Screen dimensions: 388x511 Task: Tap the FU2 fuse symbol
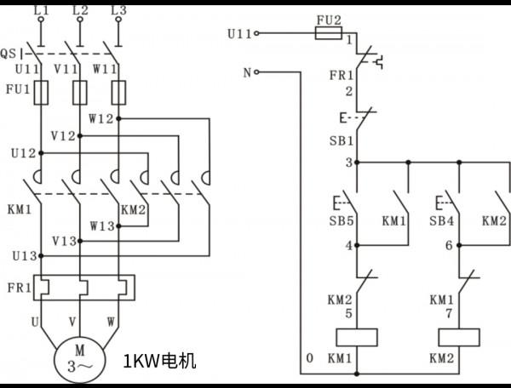328,34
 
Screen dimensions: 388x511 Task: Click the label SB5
341,221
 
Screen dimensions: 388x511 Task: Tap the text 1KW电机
160,361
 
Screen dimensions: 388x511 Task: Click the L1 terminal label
40,10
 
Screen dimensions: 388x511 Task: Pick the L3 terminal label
119,10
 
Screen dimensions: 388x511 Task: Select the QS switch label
9,52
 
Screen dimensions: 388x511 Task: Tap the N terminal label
247,72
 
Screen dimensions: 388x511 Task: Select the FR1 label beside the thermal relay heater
17,288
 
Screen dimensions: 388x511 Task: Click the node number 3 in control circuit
348,163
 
